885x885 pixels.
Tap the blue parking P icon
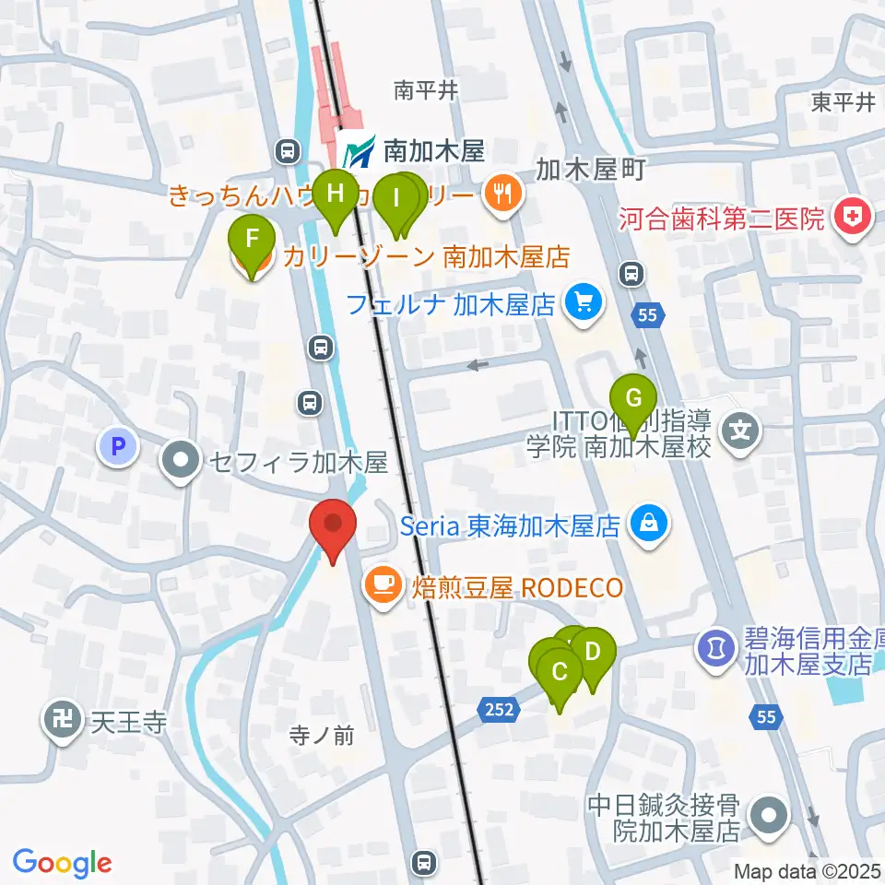117,448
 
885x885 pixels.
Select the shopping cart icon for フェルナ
583,301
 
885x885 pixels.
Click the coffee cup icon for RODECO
383,587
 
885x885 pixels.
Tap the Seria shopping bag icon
649,525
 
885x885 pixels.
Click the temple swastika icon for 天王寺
64,720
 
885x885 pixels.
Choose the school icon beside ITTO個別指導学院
740,429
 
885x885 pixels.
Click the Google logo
62,863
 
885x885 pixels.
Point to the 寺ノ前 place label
322,735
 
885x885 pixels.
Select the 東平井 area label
843,102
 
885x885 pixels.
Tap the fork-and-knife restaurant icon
502,194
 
